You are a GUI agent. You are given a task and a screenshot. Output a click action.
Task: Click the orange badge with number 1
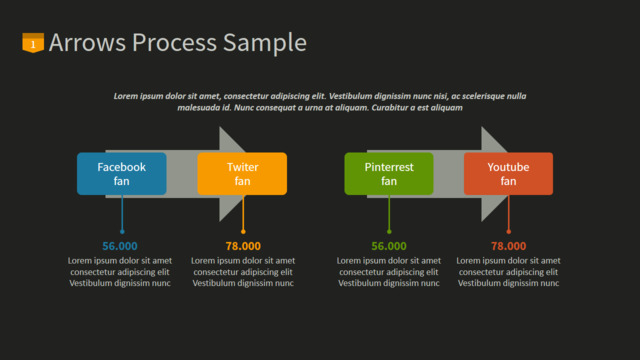33,42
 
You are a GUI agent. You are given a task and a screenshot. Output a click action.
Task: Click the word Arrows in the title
87,42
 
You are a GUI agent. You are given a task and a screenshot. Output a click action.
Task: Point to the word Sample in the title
265,43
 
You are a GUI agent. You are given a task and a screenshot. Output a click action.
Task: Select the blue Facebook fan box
122,174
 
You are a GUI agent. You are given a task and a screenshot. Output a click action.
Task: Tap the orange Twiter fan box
242,174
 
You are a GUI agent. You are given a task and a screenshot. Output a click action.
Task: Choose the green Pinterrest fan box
389,174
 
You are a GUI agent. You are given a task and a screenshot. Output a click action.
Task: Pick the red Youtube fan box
509,174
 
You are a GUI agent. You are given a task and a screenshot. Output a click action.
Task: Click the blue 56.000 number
120,246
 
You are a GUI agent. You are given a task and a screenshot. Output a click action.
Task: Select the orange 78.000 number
243,246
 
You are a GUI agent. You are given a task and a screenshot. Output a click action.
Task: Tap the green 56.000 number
389,246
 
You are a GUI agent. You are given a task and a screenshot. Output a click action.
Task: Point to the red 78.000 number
509,246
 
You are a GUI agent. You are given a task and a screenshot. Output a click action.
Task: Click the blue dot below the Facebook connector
122,232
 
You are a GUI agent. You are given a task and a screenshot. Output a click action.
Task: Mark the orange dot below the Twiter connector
243,232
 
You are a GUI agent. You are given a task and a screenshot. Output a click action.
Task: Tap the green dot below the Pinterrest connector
389,232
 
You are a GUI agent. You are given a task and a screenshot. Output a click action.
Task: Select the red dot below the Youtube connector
509,232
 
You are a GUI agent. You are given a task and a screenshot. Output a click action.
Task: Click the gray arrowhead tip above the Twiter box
220,127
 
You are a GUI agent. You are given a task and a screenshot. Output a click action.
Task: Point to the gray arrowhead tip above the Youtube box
482,127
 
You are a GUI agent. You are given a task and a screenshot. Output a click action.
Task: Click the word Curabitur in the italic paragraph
389,108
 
